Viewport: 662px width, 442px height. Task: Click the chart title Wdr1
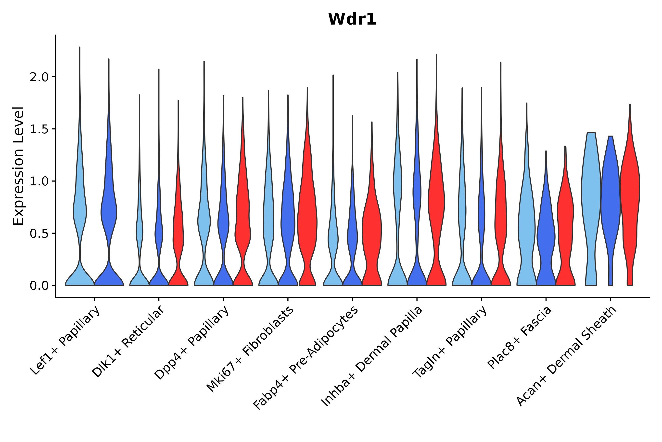pos(352,19)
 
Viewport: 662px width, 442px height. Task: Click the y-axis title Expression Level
pos(18,166)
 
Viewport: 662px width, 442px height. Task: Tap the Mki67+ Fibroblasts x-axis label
pos(250,349)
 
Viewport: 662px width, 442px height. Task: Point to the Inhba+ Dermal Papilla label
pos(372,357)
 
